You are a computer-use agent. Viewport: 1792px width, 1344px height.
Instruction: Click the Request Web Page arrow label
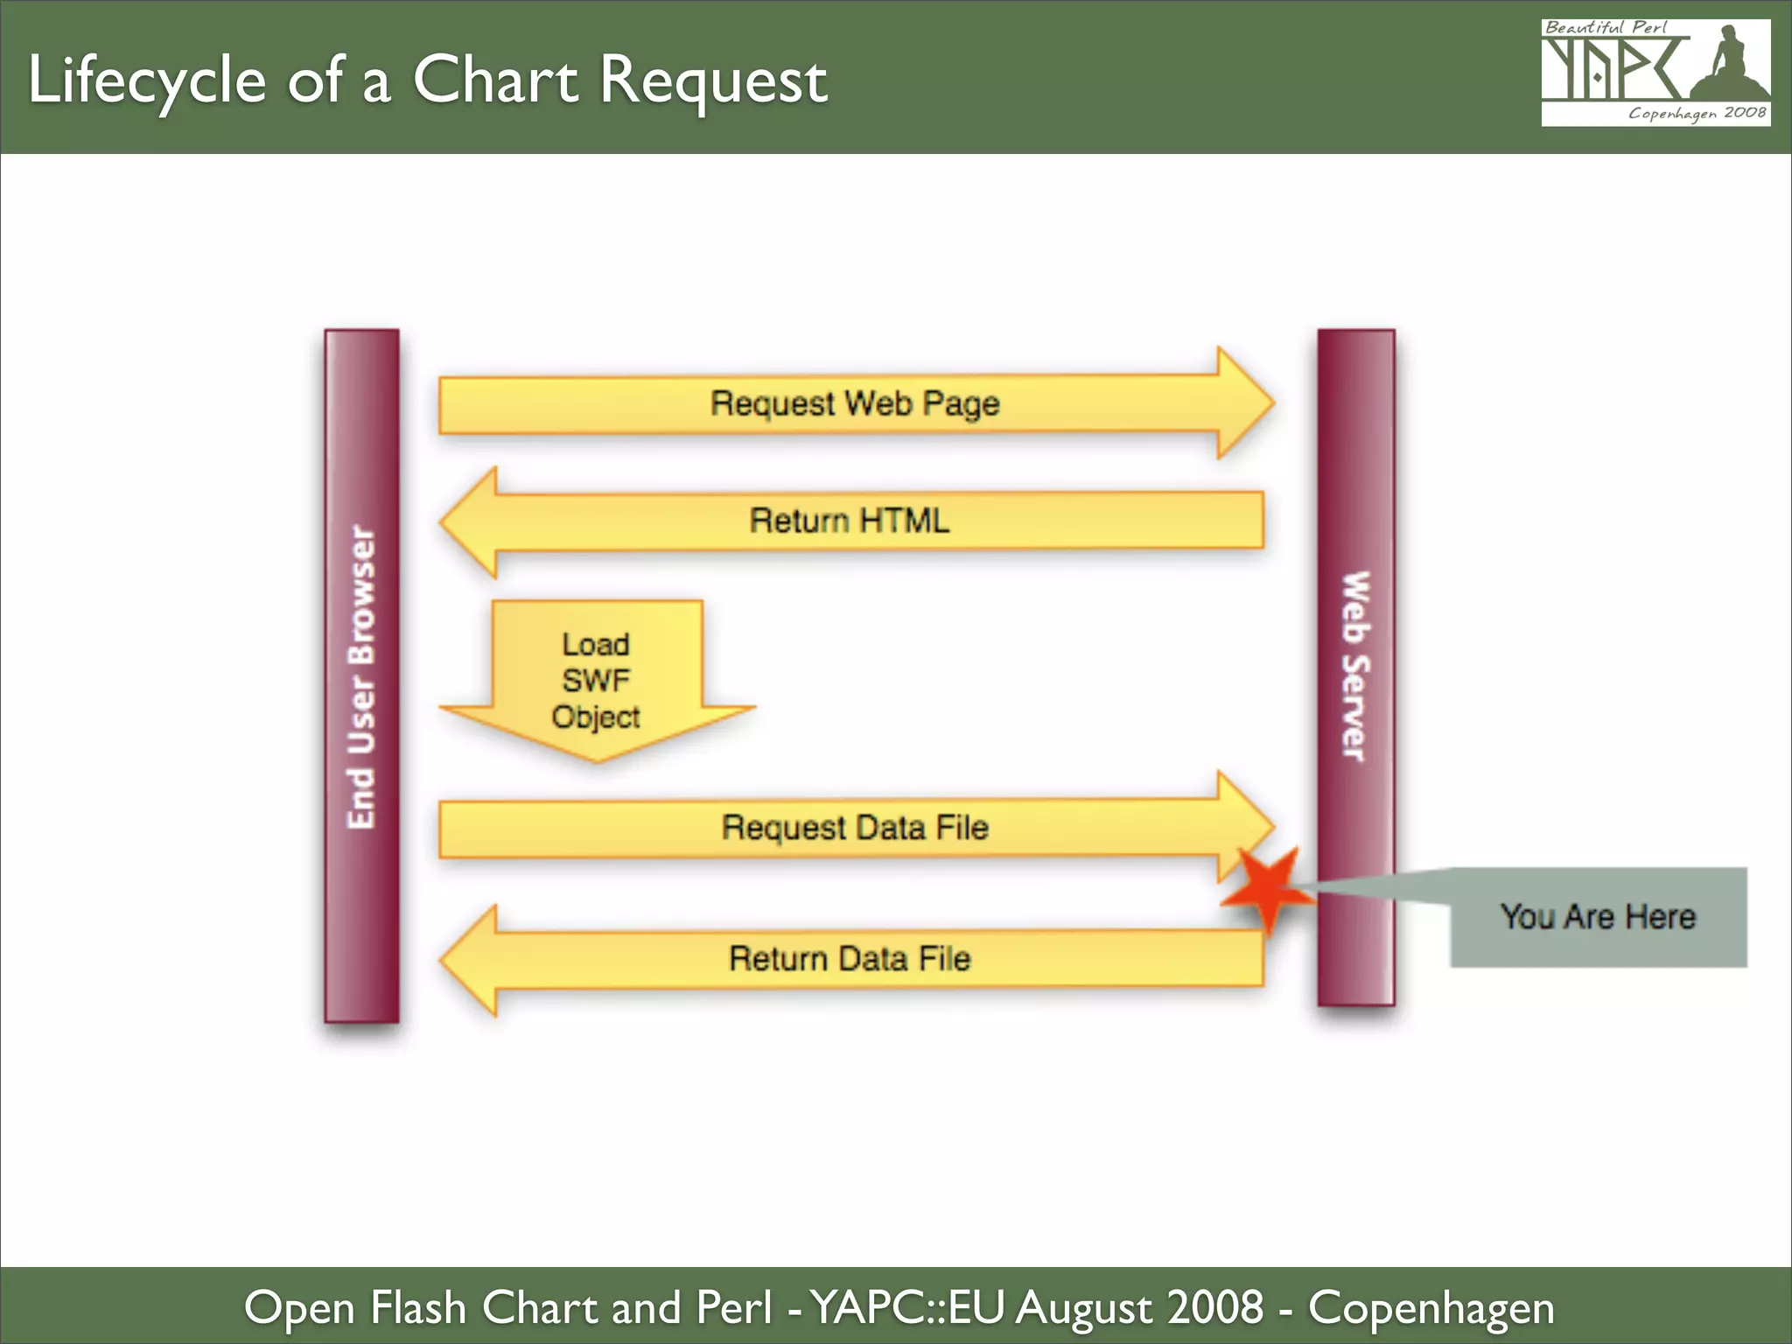(854, 403)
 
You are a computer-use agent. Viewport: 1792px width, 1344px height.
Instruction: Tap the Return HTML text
(849, 521)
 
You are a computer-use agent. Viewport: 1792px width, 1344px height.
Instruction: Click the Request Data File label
(854, 828)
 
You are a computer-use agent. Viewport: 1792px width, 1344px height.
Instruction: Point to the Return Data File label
(849, 959)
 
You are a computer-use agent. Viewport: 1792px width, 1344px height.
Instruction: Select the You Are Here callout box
(1598, 917)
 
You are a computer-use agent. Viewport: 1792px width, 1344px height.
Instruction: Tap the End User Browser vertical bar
(361, 675)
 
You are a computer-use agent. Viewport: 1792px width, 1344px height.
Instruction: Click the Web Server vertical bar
(1356, 667)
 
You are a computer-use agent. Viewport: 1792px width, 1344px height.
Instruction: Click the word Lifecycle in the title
(147, 80)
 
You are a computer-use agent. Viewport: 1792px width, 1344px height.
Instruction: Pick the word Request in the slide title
(713, 80)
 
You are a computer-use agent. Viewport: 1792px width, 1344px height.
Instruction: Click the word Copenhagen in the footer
(1431, 1308)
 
